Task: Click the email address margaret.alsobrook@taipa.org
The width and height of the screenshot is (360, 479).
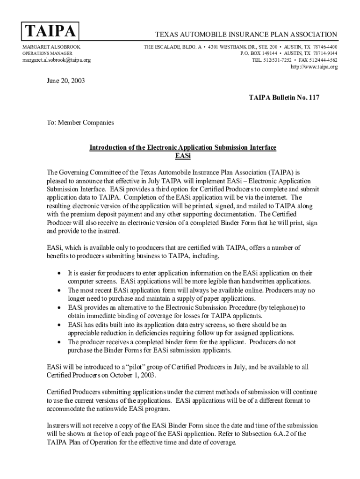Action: [57, 60]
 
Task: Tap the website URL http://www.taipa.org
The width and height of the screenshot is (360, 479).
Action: [314, 67]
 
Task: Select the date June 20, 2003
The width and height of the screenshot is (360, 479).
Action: [65, 80]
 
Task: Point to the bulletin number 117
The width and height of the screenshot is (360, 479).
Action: [312, 98]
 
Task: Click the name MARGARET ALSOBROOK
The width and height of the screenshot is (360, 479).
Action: [51, 47]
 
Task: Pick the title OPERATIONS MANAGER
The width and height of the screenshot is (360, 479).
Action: [48, 54]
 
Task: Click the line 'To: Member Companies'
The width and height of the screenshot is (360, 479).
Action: [79, 123]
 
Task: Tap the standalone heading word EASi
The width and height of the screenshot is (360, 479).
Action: [183, 156]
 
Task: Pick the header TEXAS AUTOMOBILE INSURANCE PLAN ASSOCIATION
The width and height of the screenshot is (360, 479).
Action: [246, 35]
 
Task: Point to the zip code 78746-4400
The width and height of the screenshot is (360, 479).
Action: [325, 47]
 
